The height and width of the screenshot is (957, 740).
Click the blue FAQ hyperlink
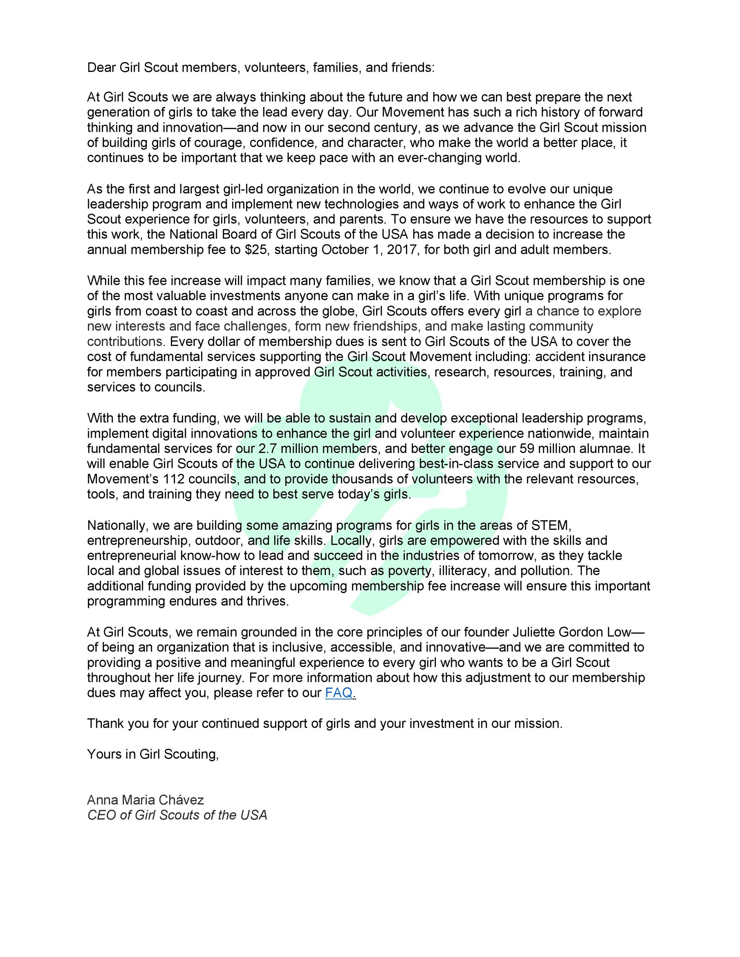pos(339,693)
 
